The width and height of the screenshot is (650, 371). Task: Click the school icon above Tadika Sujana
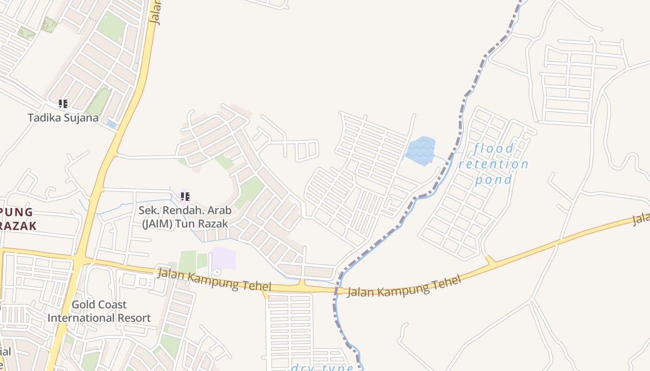pos(63,104)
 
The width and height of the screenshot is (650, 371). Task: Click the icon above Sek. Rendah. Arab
pos(185,197)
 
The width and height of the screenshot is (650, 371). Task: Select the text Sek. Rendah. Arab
pos(185,211)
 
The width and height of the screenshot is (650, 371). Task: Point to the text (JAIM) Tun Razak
pos(185,224)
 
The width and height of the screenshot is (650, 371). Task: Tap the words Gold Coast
pos(99,305)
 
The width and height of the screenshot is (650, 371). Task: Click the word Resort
pos(133,318)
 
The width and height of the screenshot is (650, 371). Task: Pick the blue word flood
pos(494,149)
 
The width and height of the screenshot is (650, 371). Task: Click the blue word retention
pos(494,164)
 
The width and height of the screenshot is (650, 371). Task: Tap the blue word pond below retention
pos(494,179)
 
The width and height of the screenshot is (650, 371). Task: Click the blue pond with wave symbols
pos(421,151)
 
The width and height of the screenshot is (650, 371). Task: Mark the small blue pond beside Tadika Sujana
pos(111,124)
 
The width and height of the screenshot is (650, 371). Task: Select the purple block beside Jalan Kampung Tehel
pos(223,258)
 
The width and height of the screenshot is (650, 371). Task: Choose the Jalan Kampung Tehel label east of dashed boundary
pos(404,286)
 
